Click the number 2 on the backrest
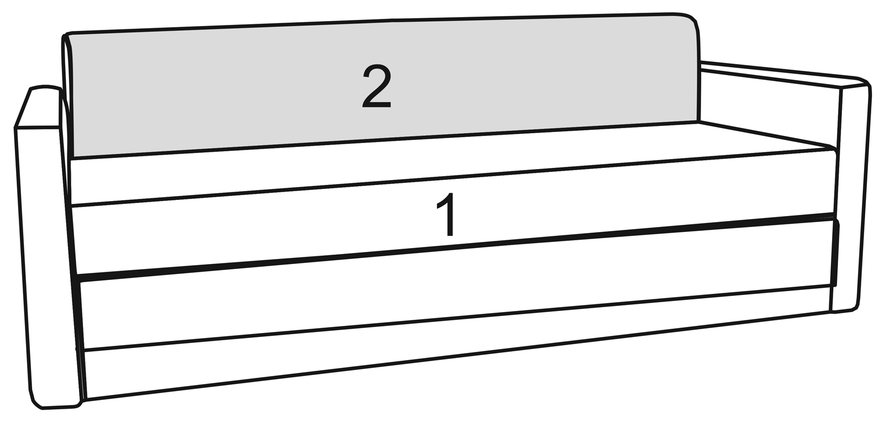(376, 87)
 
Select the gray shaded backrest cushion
(383, 85)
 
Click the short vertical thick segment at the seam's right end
(836, 252)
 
